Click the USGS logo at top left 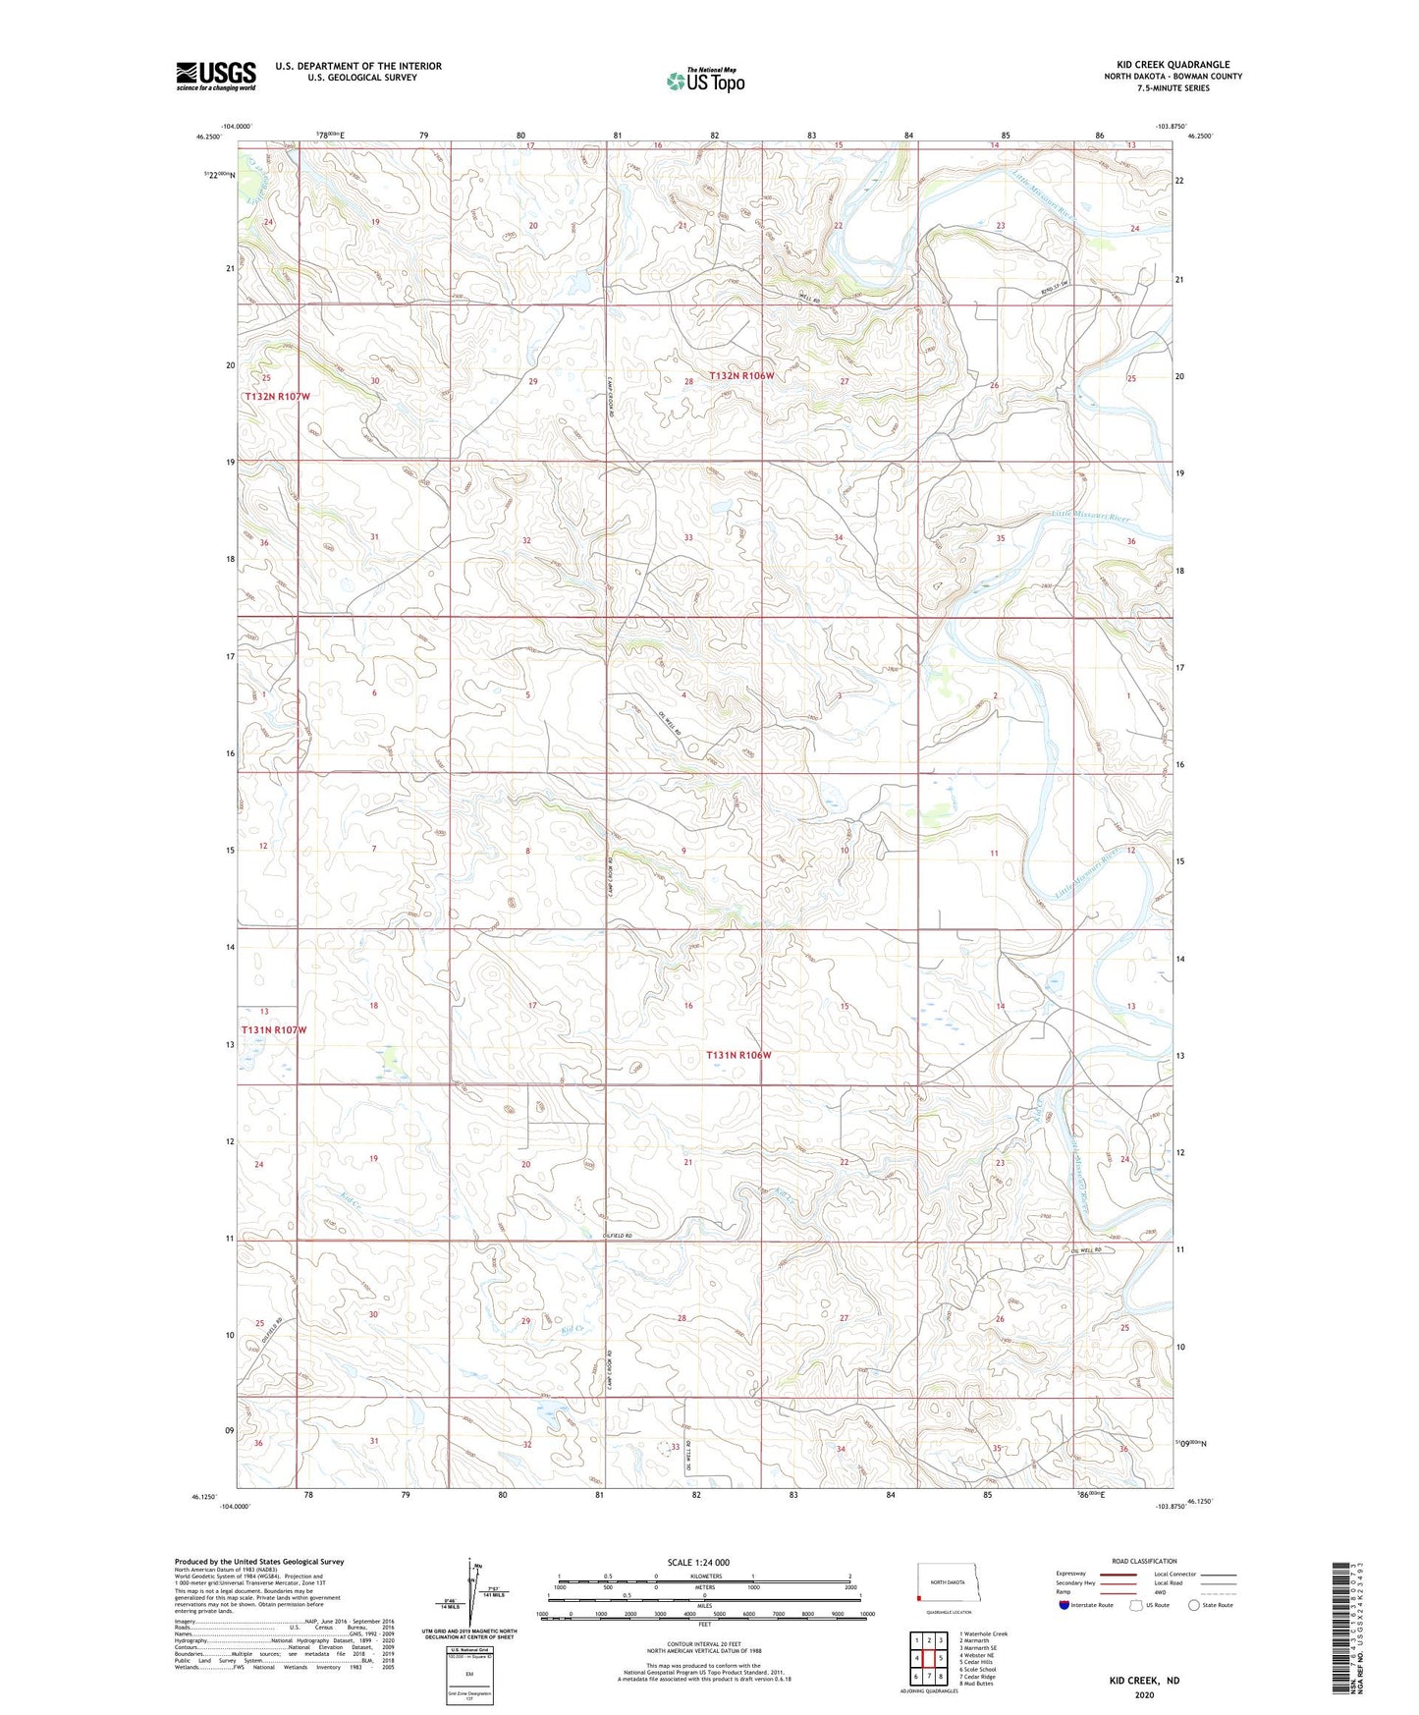[x=215, y=76]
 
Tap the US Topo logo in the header [x=705, y=81]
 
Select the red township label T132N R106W [x=749, y=376]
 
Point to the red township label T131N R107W [x=274, y=1029]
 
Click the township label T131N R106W [x=738, y=1055]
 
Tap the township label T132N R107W [x=277, y=396]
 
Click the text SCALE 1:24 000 [x=698, y=1562]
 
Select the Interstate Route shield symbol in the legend [x=1064, y=1605]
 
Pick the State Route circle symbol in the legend [x=1193, y=1605]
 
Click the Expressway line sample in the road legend [x=1118, y=1574]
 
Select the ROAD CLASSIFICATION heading [x=1144, y=1561]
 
